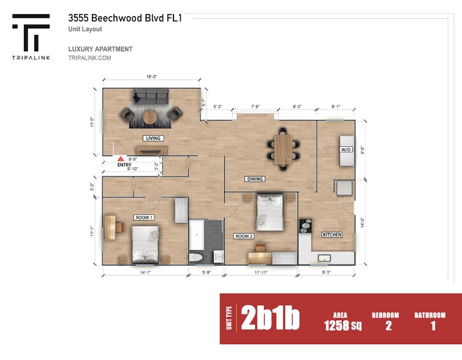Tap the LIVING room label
coord(153,138)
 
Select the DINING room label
coord(254,179)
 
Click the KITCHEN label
coord(332,234)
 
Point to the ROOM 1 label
coord(143,217)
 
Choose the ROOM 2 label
coord(243,236)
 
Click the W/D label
coord(345,149)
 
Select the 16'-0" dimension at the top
coord(151,77)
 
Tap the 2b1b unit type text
coord(270,318)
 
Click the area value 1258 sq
coord(343,326)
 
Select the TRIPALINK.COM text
coord(89,58)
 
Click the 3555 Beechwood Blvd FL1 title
coord(125,18)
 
